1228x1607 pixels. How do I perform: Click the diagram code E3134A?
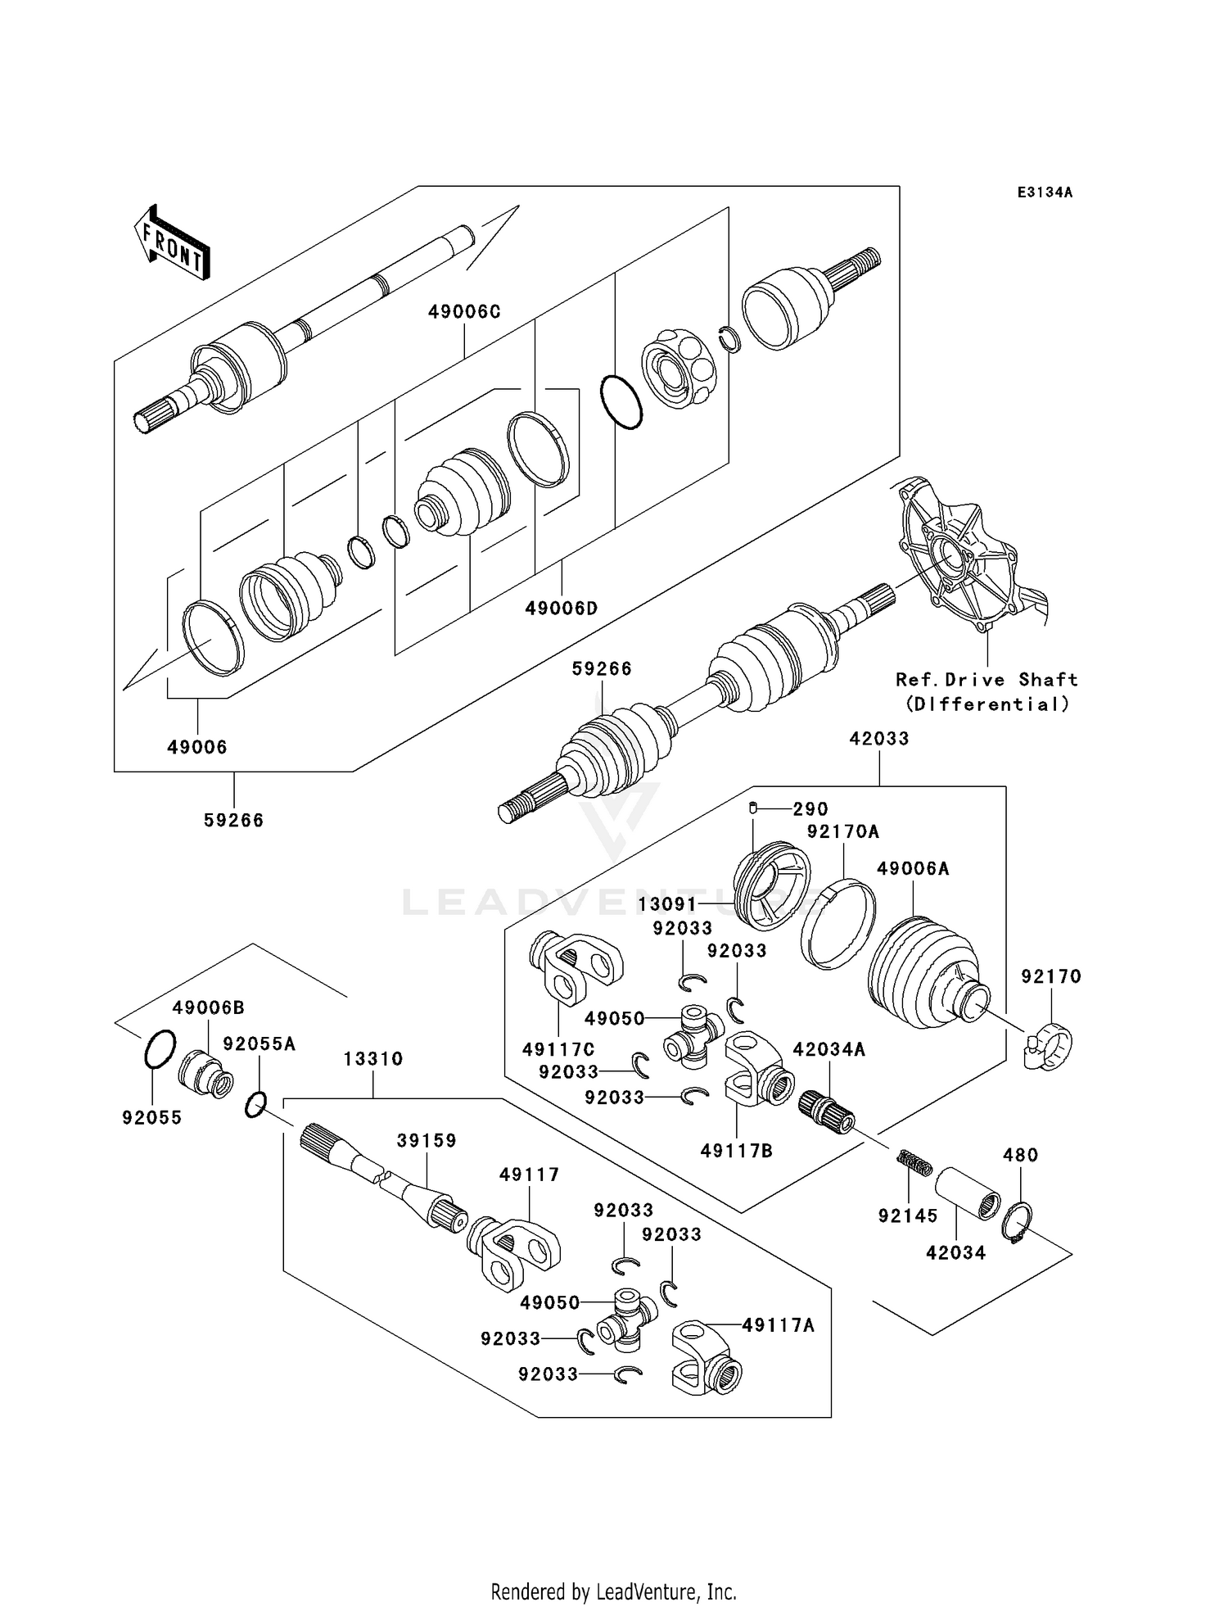(x=1044, y=192)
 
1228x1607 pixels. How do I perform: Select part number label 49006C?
(x=464, y=312)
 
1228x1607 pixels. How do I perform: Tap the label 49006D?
(x=562, y=609)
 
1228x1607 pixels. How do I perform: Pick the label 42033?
(x=879, y=739)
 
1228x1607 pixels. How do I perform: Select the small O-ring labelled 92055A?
(x=255, y=1106)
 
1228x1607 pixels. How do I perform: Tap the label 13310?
(x=373, y=1059)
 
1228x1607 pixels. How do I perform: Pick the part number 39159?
(x=427, y=1141)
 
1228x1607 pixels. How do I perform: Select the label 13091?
(x=667, y=904)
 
